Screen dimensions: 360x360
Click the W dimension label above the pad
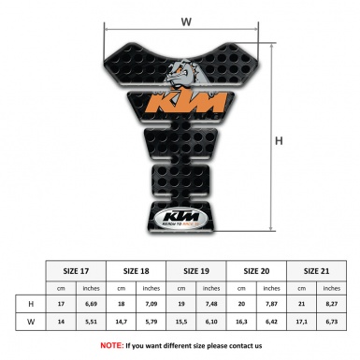185,20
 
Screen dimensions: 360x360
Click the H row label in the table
32,304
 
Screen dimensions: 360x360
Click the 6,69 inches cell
93,304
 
